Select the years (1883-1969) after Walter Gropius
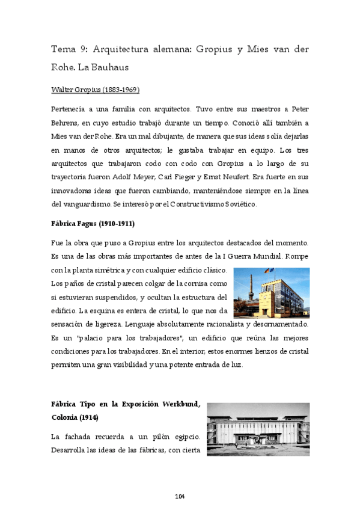coord(120,90)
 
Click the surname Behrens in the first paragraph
coord(67,123)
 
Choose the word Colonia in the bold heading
coord(69,417)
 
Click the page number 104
coord(180,496)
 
